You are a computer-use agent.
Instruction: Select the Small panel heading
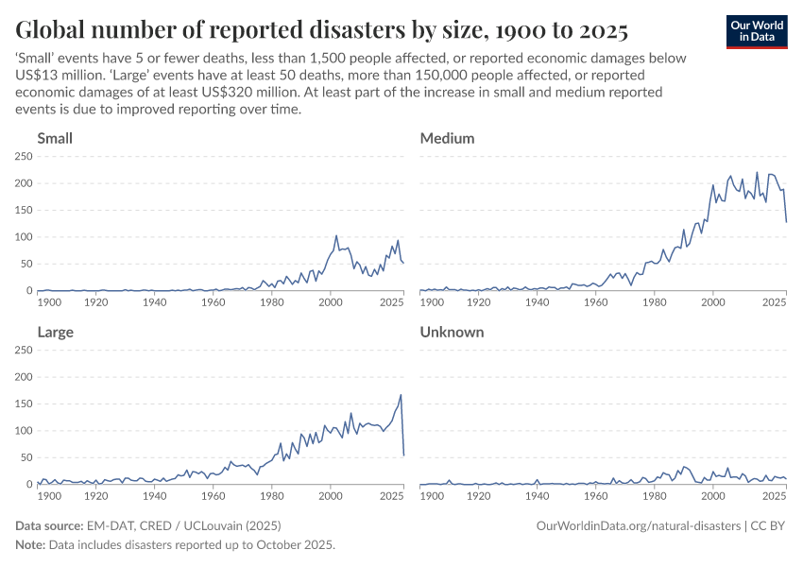pyautogui.click(x=55, y=138)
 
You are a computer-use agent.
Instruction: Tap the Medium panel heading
pyautogui.click(x=447, y=138)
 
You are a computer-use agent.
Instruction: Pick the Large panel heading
pyautogui.click(x=55, y=332)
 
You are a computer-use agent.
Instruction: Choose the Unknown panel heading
pyautogui.click(x=452, y=332)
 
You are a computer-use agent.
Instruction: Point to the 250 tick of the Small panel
pyautogui.click(x=25, y=156)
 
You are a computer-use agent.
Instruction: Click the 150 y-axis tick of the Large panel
pyautogui.click(x=25, y=404)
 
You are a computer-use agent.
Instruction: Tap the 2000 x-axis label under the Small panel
pyautogui.click(x=331, y=302)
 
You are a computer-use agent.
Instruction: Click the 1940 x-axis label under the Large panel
pyautogui.click(x=156, y=496)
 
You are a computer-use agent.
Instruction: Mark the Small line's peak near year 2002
pyautogui.click(x=336, y=236)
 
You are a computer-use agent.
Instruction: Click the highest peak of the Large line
pyautogui.click(x=401, y=395)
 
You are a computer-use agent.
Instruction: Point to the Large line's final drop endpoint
pyautogui.click(x=403, y=455)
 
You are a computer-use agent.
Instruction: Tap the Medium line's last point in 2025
pyautogui.click(x=786, y=222)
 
